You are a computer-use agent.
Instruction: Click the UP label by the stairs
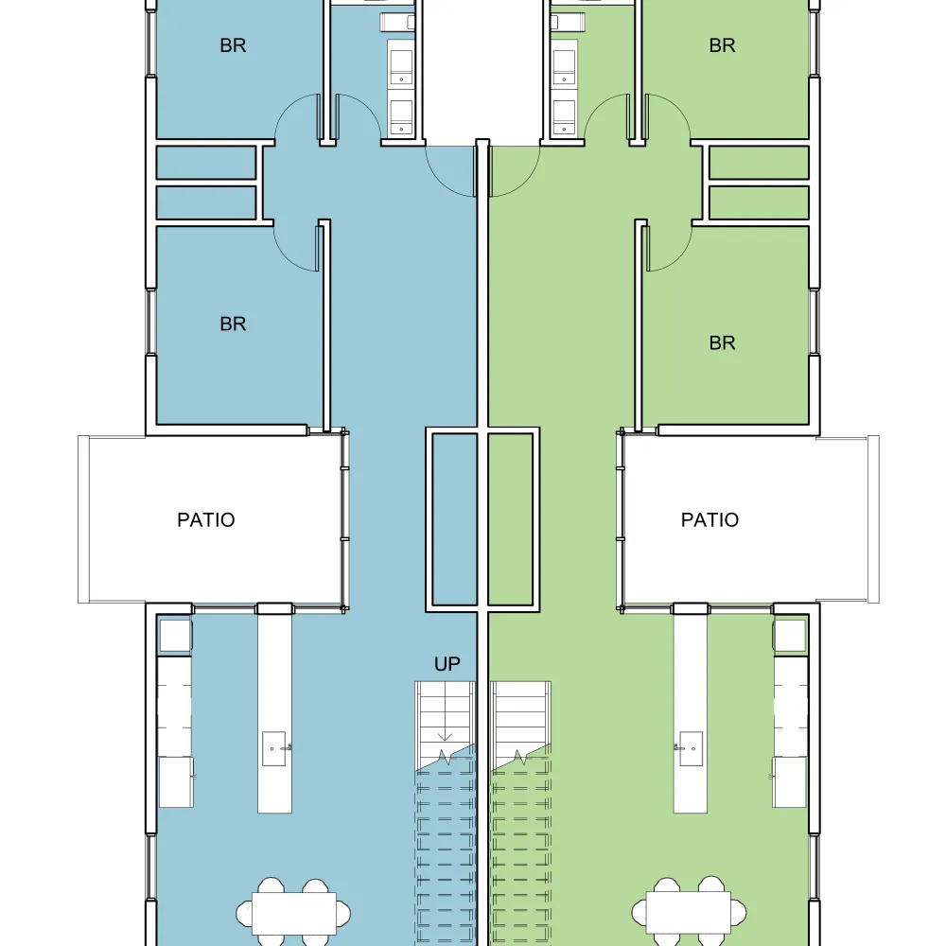pos(447,664)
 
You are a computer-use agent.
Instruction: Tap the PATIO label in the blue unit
pos(205,519)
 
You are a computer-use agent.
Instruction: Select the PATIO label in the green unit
pos(709,519)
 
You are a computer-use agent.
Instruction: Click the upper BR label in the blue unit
pos(233,45)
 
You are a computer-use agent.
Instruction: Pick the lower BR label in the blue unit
pos(233,324)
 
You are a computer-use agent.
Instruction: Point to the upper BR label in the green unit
pos(722,45)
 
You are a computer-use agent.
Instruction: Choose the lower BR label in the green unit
pos(722,342)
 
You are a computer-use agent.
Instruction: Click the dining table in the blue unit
pos(294,914)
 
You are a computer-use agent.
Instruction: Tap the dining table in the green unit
pos(689,914)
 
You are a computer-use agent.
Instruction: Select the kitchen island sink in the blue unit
pos(274,748)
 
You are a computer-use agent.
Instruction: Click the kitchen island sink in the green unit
pos(691,748)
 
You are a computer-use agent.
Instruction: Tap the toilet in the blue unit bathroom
pos(397,23)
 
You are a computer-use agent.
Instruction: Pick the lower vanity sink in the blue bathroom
pos(401,117)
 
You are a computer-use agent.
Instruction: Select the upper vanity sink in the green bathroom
pos(564,67)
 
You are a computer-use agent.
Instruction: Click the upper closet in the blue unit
pos(205,163)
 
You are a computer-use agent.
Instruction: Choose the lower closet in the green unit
pos(759,202)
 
